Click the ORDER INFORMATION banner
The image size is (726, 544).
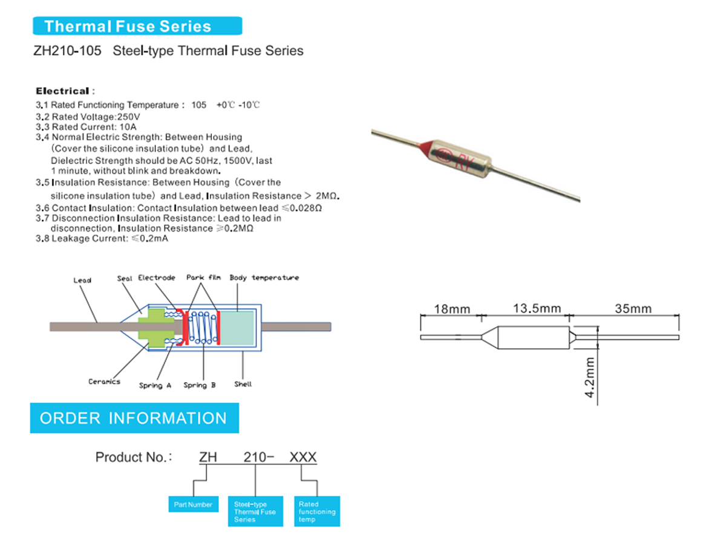tap(134, 418)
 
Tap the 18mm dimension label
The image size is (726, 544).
tap(451, 309)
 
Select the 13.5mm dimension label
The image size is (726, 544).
tap(529, 308)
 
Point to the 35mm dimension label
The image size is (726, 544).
tap(633, 309)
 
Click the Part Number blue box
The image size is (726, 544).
tap(193, 505)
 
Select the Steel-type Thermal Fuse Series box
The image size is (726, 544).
tap(255, 511)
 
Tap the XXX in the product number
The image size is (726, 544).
tap(303, 457)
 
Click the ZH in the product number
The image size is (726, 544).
tap(209, 457)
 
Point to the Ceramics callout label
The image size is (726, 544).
tap(104, 382)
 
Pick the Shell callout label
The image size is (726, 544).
tap(243, 384)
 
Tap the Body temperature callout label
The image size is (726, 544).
tap(264, 277)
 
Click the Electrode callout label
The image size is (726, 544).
tap(157, 277)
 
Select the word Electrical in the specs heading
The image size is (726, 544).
tap(62, 91)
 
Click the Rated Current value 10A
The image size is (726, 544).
tap(128, 127)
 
